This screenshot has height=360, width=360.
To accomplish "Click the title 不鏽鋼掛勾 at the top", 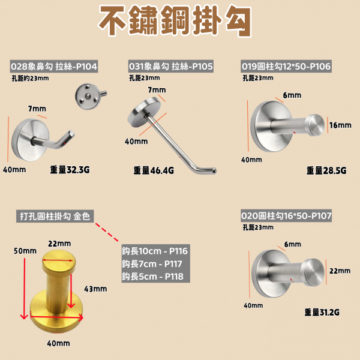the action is coord(175,20).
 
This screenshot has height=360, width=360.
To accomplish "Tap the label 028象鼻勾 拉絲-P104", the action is coord(54,67).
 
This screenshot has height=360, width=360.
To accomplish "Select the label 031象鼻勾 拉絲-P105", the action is coord(171,67).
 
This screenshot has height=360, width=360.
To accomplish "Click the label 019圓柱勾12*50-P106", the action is coord(286,67).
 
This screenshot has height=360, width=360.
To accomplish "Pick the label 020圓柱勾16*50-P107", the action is coord(286,215).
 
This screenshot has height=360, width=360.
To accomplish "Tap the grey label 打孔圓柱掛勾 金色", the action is coord(55,216).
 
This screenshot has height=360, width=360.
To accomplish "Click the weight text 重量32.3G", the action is coord(70,170).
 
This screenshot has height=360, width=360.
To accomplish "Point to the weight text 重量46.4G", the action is coord(154,170).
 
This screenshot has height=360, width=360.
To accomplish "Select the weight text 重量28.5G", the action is coord(326,170).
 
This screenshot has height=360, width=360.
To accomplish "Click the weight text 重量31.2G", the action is coord(322,312).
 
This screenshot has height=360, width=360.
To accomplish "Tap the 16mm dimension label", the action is coord(340,125).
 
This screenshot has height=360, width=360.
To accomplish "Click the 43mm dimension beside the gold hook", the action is coord(95,289).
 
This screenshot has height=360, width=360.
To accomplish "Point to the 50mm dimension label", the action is coord(25,251).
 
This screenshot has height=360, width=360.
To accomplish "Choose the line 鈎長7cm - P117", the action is coord(152,264).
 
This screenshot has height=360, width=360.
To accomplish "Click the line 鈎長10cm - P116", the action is coord(155,251).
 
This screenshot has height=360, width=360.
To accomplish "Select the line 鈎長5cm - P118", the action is coord(152,277).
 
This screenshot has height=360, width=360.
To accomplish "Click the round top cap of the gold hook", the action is coord(59,261).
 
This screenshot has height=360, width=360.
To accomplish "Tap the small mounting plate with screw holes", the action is coord(88,97).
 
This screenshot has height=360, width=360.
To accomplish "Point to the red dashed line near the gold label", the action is coord(107,232).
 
